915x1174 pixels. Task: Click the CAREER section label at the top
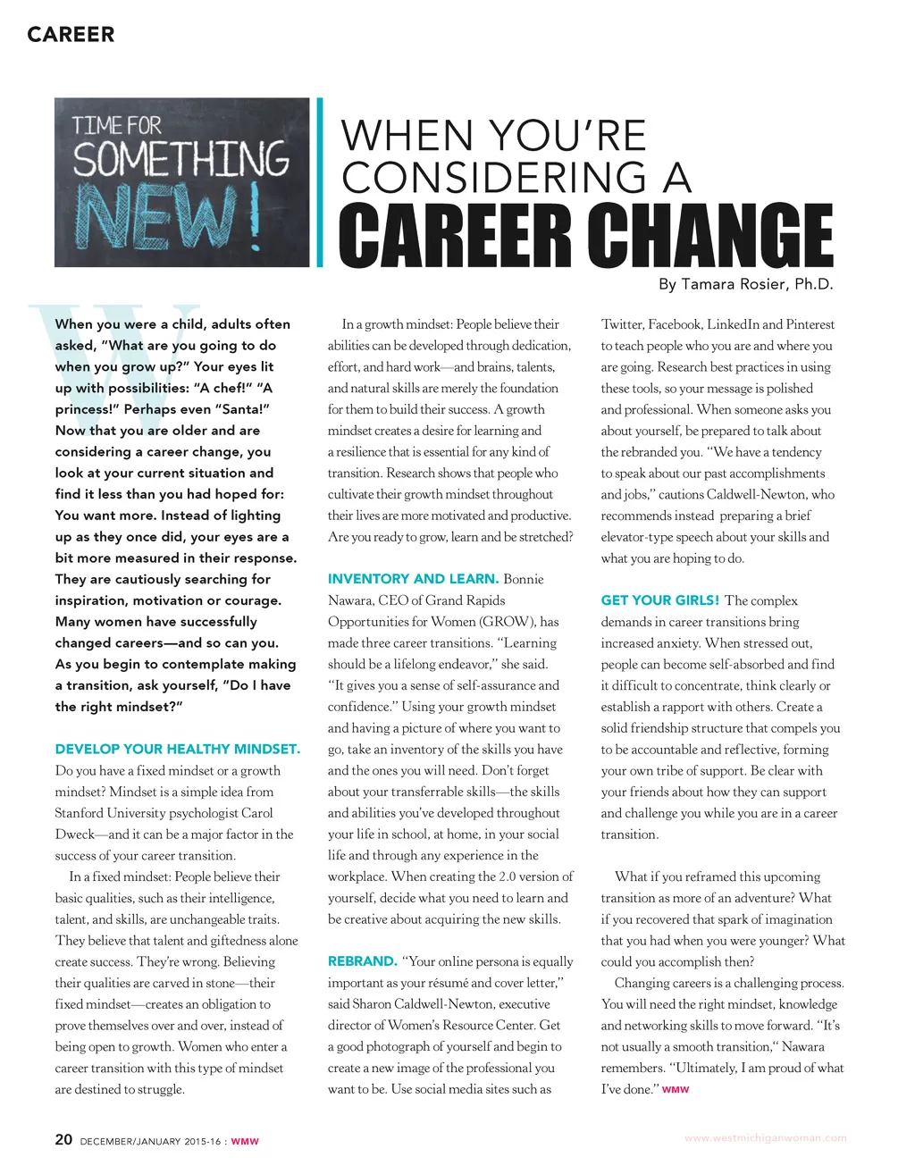pos(71,35)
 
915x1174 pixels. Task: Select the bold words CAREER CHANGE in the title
pos(585,235)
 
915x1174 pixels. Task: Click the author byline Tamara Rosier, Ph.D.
pos(745,284)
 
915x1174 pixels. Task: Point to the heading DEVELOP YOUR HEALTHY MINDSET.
pos(178,749)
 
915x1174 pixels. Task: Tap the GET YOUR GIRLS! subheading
pos(660,600)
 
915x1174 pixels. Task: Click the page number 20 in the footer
pos(63,1139)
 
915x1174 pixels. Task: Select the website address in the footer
pos(765,1138)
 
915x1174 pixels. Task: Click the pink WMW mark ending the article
pos(676,1090)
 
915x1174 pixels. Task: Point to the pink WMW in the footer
pos(245,1142)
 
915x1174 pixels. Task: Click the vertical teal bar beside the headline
pos(319,182)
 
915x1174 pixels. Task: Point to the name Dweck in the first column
pos(74,834)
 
